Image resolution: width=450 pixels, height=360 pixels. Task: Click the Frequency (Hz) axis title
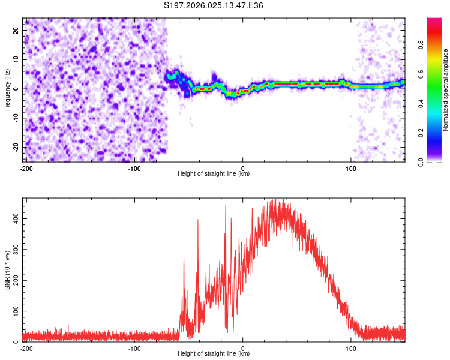coord(7,89)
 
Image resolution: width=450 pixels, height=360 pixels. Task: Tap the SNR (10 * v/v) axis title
coord(7,269)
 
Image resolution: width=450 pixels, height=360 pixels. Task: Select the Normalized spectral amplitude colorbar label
coord(445,90)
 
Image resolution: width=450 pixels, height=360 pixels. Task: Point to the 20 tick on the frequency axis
coord(17,31)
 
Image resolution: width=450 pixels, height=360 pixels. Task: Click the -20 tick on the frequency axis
coord(16,147)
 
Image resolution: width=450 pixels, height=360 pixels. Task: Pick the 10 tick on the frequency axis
coord(17,60)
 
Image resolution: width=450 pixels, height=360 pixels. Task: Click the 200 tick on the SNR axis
coord(14,280)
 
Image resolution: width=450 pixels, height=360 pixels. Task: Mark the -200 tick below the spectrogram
coord(26,168)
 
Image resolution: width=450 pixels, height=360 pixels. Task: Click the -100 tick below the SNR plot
coord(134,348)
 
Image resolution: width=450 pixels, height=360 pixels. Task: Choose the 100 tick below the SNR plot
coord(351,348)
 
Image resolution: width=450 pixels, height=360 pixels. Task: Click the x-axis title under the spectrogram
coord(214,174)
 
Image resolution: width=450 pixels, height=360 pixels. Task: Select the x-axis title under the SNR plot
coord(214,354)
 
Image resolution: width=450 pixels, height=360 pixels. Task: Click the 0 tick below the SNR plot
coord(243,348)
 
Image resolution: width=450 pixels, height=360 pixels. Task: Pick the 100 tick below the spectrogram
coord(351,168)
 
